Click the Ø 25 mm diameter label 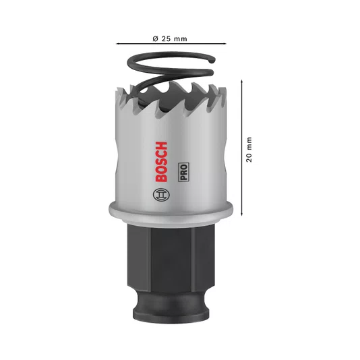[170, 38]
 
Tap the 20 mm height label [249, 150]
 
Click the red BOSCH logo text [161, 162]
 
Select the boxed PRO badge [183, 172]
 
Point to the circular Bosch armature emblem [161, 195]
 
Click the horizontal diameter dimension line [171, 43]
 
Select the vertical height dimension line [241, 148]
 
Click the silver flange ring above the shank [171, 212]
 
